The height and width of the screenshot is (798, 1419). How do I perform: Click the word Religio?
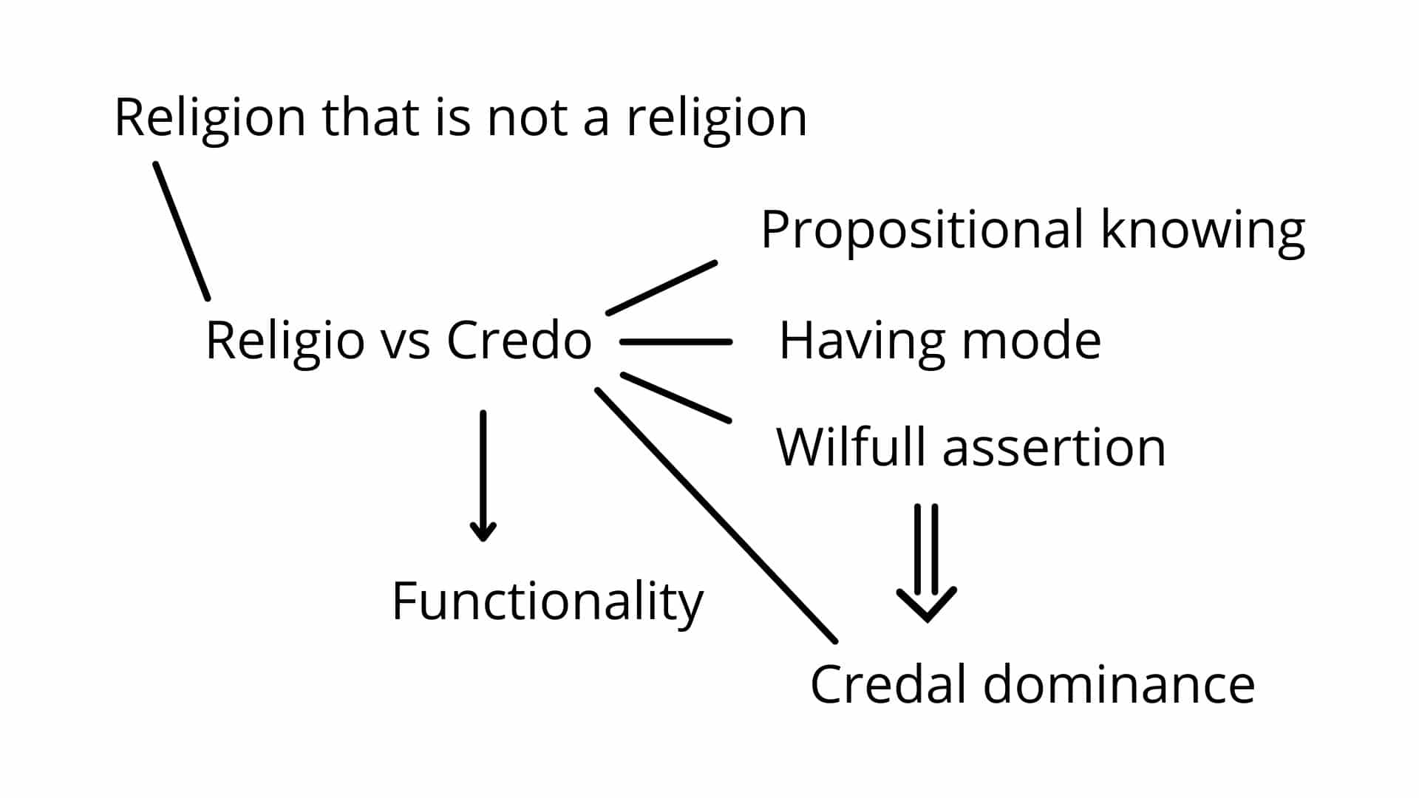[x=284, y=341]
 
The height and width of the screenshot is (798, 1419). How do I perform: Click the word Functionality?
[x=547, y=602]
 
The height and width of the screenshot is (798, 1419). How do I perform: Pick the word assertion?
[x=1055, y=448]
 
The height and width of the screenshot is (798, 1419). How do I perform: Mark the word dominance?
[x=1119, y=683]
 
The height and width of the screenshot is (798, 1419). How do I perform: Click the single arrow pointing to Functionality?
[x=483, y=476]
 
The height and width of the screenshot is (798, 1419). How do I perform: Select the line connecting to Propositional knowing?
[x=661, y=287]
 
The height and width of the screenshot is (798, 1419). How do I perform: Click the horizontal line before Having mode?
[x=676, y=342]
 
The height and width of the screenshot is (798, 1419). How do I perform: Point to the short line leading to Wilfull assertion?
[x=676, y=398]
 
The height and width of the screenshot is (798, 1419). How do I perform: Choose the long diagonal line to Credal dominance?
[x=716, y=515]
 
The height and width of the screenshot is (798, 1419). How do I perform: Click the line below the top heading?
[x=182, y=231]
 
